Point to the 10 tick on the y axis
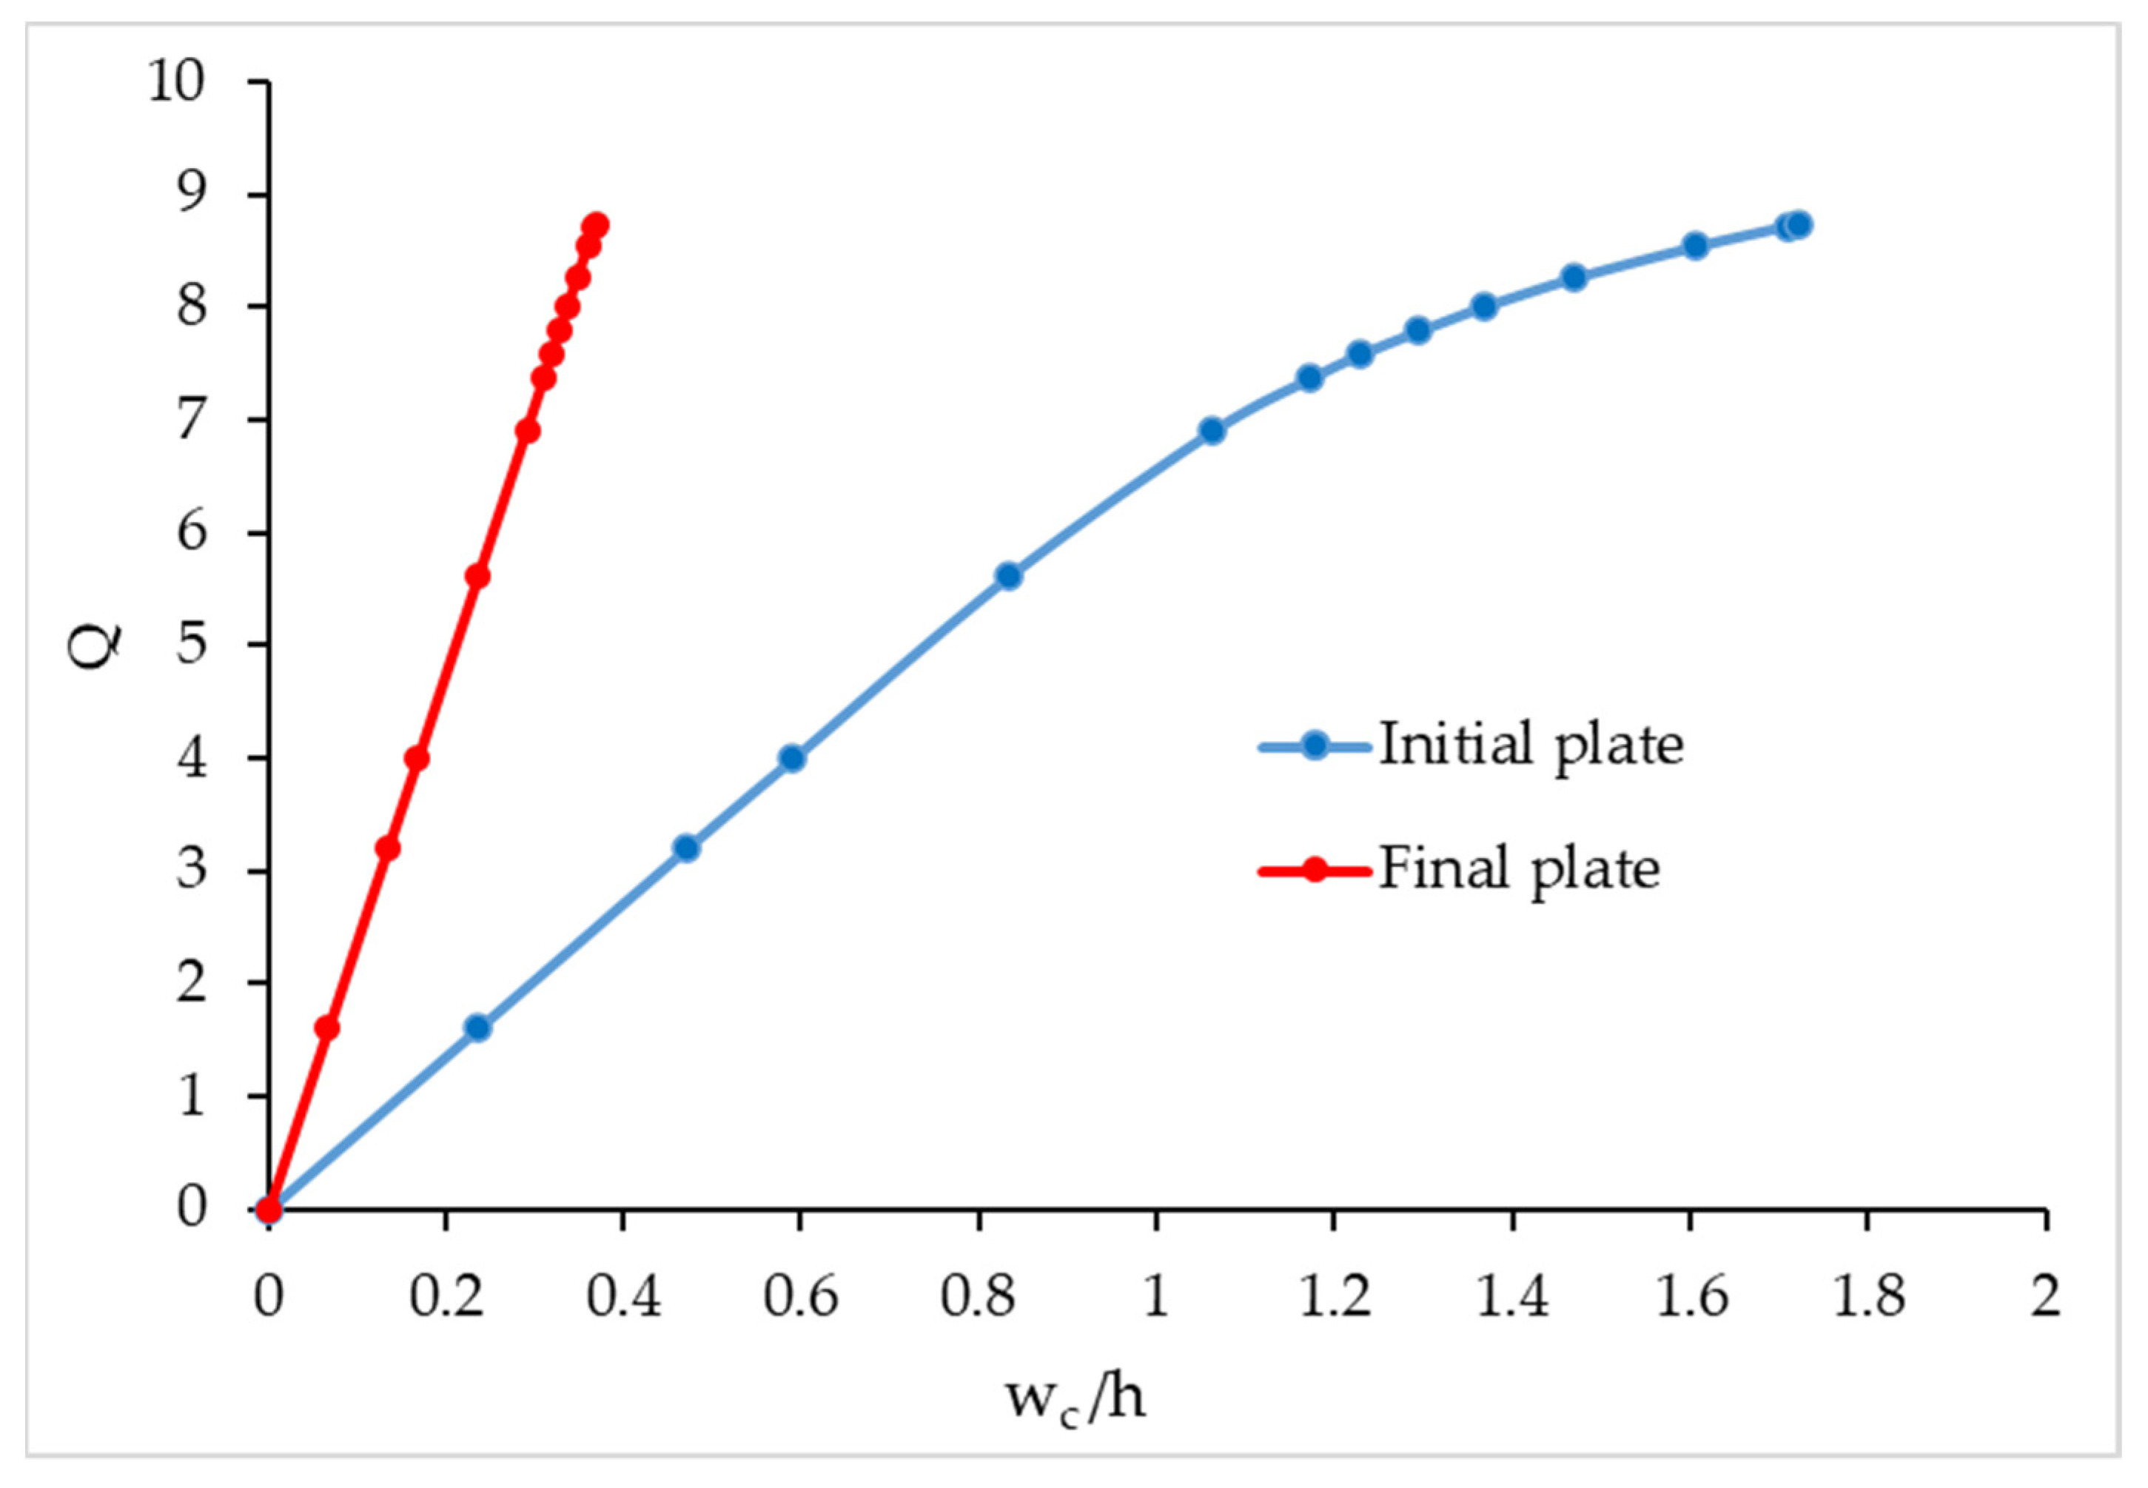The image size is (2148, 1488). click(x=176, y=82)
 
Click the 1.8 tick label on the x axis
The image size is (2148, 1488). click(x=1867, y=1297)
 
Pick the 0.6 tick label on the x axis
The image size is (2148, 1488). click(x=800, y=1297)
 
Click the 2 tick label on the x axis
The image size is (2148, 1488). click(x=2045, y=1297)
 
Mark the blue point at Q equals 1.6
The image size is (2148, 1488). click(x=477, y=1028)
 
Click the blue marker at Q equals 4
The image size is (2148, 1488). click(x=791, y=758)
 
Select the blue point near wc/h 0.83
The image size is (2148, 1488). click(x=1009, y=576)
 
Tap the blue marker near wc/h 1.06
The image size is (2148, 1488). click(x=1211, y=430)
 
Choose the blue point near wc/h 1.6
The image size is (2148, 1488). click(x=1695, y=246)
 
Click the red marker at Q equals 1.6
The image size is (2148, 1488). click(x=326, y=1028)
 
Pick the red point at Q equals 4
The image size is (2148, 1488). click(x=417, y=758)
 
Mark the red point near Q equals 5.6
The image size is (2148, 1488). click(x=477, y=576)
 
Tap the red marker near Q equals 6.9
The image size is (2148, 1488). click(x=528, y=431)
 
